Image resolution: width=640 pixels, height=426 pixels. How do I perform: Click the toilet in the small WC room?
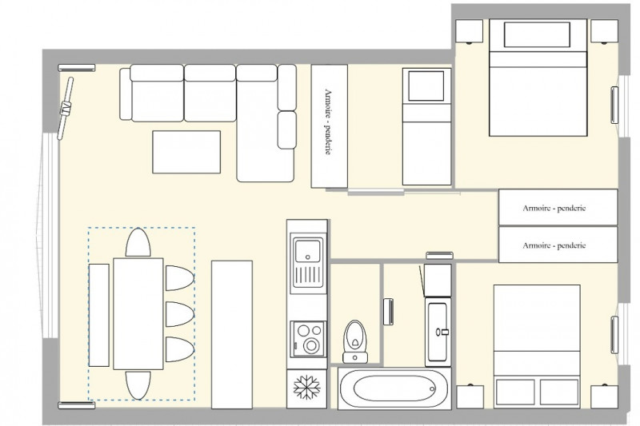354,337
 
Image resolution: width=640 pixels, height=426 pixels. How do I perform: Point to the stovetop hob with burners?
306,337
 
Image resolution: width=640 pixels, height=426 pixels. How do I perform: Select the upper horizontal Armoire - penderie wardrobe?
558,208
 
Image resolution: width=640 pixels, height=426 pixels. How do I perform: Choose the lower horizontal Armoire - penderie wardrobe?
558,245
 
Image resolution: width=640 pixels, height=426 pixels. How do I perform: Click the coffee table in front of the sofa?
186,152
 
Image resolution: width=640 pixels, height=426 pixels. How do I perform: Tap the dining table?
138,313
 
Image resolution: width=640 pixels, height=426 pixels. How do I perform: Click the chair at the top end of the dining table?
138,242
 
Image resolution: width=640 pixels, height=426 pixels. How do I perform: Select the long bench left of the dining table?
99,314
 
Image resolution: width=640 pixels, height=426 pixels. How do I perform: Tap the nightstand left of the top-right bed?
470,32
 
